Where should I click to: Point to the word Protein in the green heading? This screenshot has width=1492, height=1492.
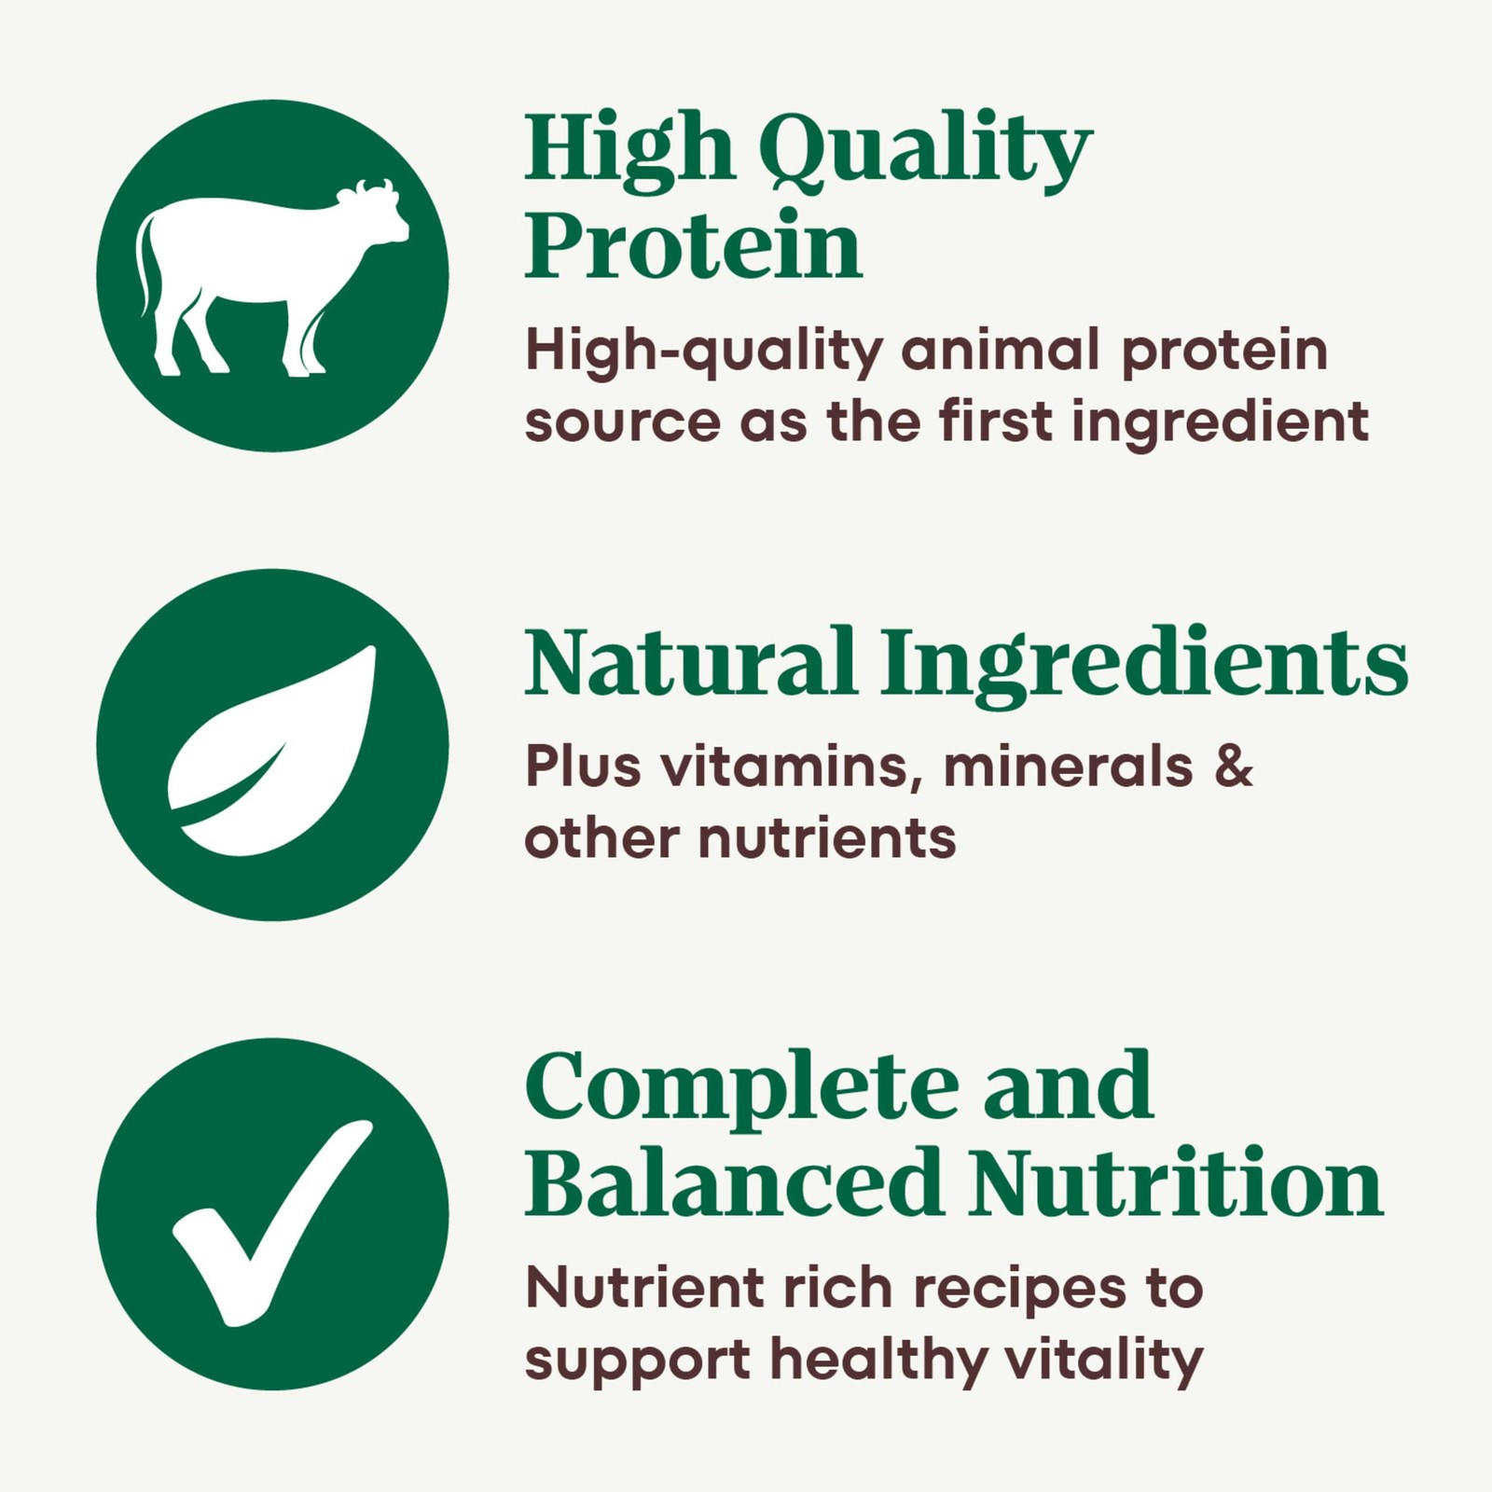pos(693,245)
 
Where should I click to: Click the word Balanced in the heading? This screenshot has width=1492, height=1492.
pos(733,1181)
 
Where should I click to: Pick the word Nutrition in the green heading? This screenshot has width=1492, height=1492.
pos(1176,1182)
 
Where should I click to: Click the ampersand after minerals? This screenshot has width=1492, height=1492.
pos(1235,767)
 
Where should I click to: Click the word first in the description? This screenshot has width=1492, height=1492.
pos(996,421)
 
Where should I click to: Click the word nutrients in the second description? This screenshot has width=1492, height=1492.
pos(827,837)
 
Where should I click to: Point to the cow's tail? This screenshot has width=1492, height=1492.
pos(144,263)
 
